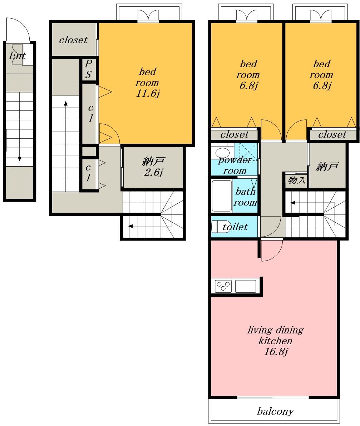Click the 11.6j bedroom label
pyautogui.click(x=148, y=83)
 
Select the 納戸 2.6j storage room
pyautogui.click(x=153, y=167)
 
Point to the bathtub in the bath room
pyautogui.click(x=222, y=195)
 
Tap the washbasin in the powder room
pyautogui.click(x=222, y=153)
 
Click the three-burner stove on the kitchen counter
pyautogui.click(x=223, y=286)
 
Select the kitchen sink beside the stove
pyautogui.click(x=245, y=286)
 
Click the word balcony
pyautogui.click(x=275, y=411)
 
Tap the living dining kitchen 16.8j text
pyautogui.click(x=276, y=341)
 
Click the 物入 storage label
pyautogui.click(x=296, y=180)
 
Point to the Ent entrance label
pyautogui.click(x=17, y=56)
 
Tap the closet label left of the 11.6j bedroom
pyautogui.click(x=73, y=40)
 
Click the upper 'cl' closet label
pyautogui.click(x=90, y=113)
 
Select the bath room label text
pyautogui.click(x=245, y=197)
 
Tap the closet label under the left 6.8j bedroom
pyautogui.click(x=235, y=134)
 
